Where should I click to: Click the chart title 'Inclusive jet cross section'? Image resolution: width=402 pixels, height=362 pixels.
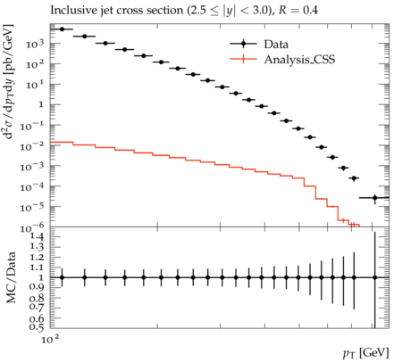coord(117,11)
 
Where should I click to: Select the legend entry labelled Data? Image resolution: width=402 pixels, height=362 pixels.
coord(276,45)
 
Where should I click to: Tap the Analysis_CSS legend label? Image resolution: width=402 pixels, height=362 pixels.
coord(299,60)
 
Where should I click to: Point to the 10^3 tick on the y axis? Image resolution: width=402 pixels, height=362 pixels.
coord(35,44)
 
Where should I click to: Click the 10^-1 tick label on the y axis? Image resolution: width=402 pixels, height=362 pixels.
coord(32,126)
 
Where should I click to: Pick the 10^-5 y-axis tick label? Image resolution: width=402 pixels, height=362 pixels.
coord(32,208)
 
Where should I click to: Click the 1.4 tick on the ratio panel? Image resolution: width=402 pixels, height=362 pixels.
coord(37,236)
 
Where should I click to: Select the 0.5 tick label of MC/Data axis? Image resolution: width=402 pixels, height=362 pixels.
coord(37,327)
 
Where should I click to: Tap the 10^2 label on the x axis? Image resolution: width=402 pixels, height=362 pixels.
coord(50,339)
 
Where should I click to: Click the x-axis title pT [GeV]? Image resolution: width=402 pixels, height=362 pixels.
coord(366,353)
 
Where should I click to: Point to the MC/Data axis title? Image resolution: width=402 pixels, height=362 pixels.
coord(11,277)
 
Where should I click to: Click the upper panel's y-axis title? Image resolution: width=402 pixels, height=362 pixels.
coord(9,81)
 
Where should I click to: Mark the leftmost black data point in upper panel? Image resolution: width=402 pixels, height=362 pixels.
coord(62,29)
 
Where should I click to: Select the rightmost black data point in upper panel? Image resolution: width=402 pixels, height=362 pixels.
coord(375,198)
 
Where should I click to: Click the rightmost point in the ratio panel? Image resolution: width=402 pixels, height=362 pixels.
coord(375,277)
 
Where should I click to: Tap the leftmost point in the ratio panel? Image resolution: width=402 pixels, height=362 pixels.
coord(62,277)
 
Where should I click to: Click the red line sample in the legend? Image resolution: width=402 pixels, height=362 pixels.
coord(243,59)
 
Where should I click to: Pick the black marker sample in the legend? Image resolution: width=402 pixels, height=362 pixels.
coord(243,44)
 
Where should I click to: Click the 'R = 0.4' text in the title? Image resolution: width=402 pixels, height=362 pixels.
coord(298,11)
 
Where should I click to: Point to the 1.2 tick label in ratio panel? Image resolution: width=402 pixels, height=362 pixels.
coord(37,257)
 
